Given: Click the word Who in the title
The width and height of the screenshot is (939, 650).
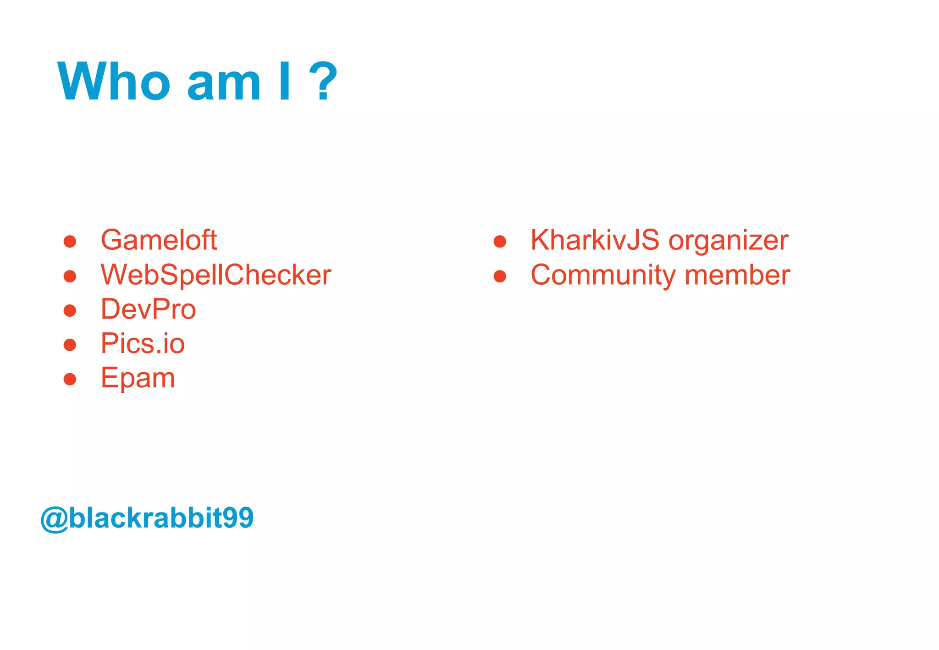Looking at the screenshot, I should (114, 81).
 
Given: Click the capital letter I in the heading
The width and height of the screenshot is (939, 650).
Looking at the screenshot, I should (285, 81).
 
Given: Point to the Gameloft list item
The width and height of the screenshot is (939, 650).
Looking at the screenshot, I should (159, 240).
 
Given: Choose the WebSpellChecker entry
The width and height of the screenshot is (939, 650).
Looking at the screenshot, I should (216, 275).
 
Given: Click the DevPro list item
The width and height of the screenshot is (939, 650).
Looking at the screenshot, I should (149, 309).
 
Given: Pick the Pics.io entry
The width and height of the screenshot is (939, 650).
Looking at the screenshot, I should (143, 343).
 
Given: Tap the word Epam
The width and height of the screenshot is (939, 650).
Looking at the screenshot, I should (138, 379).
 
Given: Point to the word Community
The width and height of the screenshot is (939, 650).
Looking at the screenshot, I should (603, 275).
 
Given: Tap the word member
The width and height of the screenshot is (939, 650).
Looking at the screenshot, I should (737, 275).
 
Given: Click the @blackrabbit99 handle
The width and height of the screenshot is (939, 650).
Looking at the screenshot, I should (147, 518).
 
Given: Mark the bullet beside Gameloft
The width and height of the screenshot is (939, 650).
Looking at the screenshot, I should (70, 241).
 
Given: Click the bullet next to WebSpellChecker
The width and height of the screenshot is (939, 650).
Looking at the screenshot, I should (70, 276).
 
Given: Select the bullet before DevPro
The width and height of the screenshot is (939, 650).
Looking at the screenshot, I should (70, 310).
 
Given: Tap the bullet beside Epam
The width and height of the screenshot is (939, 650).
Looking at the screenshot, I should (70, 379).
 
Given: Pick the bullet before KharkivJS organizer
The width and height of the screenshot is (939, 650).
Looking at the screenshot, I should (500, 241).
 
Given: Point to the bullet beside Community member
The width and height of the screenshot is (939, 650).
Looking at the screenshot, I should (500, 276).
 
